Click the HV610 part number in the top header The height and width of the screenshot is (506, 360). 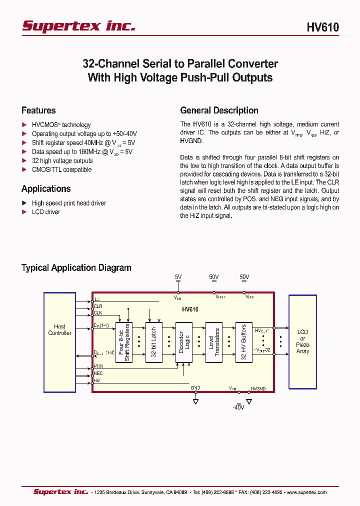click(x=322, y=27)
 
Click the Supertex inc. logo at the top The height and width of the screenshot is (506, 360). click(x=78, y=26)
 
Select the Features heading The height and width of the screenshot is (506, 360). click(x=38, y=110)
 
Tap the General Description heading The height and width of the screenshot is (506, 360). click(x=219, y=110)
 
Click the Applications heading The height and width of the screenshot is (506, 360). click(x=46, y=189)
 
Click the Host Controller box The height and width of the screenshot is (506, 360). click(x=59, y=330)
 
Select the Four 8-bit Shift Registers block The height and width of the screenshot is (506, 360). click(x=123, y=342)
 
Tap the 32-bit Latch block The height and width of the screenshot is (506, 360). click(x=153, y=342)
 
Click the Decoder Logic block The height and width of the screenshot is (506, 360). click(x=183, y=342)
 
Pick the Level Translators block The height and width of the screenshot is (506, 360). click(x=213, y=342)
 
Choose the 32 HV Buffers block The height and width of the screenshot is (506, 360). click(x=244, y=342)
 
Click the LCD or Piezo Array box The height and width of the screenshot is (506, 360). click(x=302, y=341)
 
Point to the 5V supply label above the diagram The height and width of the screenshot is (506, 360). click(x=178, y=277)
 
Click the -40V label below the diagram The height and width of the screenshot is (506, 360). click(x=238, y=407)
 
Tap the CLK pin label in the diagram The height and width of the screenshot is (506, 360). click(x=98, y=313)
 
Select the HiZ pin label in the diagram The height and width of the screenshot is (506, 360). click(x=97, y=380)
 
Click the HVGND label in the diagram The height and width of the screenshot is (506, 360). click(x=258, y=388)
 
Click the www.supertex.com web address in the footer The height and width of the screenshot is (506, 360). click(x=307, y=492)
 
